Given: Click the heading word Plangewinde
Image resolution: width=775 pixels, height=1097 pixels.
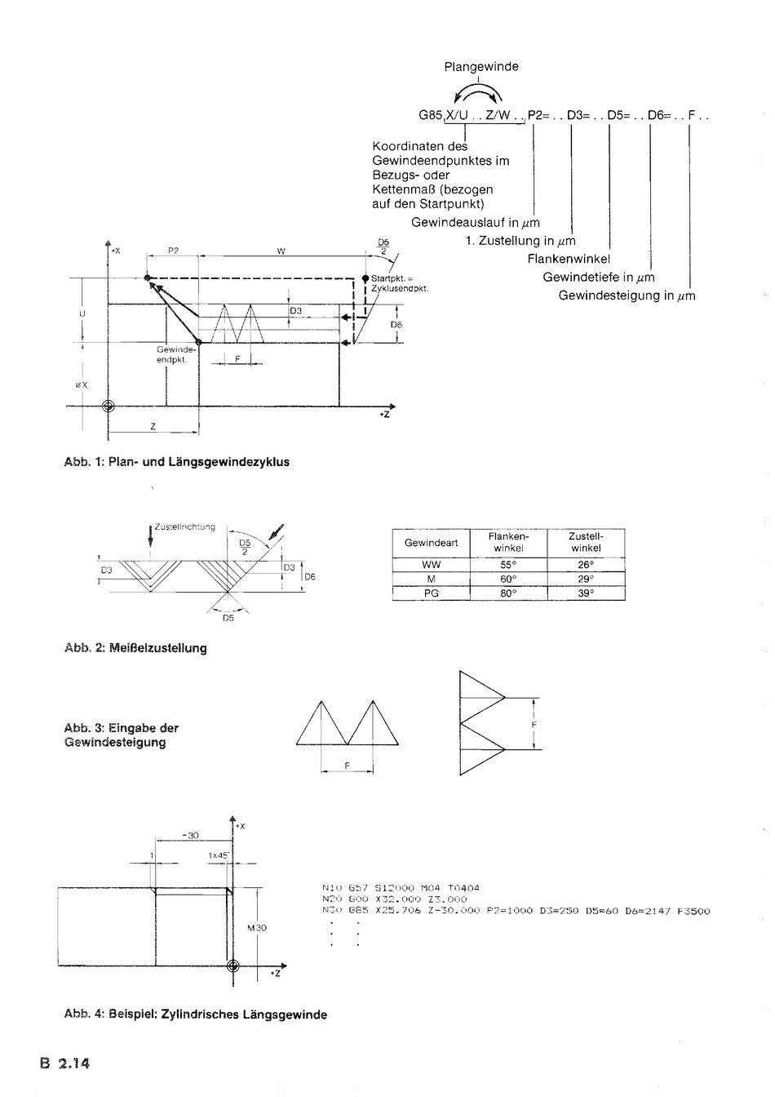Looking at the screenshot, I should tap(481, 67).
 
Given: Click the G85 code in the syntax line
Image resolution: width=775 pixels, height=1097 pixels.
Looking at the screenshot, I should tap(431, 116).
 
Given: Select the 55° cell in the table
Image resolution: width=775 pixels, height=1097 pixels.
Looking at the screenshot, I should tap(508, 564).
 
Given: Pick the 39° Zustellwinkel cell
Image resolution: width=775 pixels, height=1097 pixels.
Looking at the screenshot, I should tap(586, 593).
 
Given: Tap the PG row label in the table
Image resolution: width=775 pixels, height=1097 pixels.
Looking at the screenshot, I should tap(431, 593).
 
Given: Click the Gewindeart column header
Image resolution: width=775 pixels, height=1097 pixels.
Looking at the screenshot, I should tap(431, 543).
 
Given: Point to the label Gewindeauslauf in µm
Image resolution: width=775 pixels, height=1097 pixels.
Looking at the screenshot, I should tap(475, 223).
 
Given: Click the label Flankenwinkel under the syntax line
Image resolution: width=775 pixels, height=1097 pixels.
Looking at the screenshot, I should tap(569, 259).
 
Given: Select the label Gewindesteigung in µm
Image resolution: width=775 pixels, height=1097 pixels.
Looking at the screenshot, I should tap(627, 295).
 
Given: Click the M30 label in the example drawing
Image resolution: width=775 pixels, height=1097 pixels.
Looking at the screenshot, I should tap(257, 928).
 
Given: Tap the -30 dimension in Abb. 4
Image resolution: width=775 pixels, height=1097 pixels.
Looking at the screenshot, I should tap(189, 836).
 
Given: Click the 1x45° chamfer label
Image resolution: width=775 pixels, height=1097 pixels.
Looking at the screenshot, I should tap(219, 855).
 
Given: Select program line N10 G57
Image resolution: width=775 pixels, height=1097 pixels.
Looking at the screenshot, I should tap(401, 888).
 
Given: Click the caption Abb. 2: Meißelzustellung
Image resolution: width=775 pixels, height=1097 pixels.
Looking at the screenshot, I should tap(135, 648).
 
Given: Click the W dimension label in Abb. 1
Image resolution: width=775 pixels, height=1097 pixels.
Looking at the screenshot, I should tap(281, 252).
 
